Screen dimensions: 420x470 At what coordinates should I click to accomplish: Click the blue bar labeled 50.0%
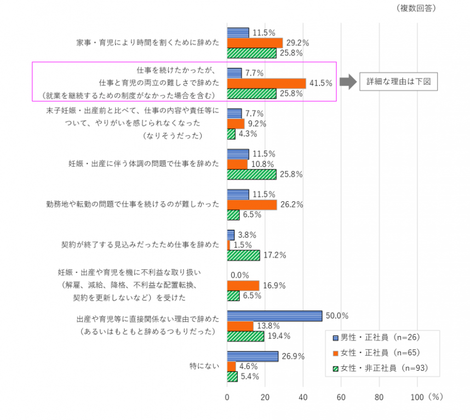click(274, 316)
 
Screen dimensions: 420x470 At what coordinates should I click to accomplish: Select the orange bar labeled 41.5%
click(266, 83)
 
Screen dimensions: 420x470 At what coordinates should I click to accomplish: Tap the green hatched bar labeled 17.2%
click(243, 255)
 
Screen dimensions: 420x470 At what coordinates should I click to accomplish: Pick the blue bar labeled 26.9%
click(253, 356)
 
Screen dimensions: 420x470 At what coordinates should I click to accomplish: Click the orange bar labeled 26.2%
click(252, 205)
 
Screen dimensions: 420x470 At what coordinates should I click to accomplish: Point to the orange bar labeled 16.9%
click(243, 286)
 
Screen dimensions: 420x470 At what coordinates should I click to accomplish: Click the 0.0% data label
click(240, 275)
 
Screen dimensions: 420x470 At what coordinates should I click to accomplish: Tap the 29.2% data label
click(298, 43)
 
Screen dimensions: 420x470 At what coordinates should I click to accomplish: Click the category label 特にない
click(203, 366)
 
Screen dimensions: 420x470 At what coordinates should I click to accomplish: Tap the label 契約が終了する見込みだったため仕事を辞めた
click(141, 245)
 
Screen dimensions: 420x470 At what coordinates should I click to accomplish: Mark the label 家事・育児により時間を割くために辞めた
click(147, 43)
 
